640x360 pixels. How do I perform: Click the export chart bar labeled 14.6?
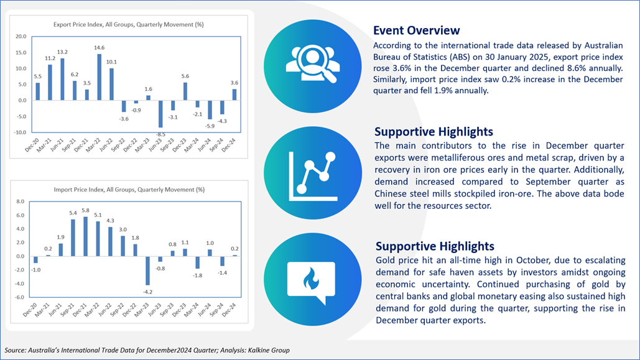click(x=99, y=77)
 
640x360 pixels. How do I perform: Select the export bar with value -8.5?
click(x=160, y=114)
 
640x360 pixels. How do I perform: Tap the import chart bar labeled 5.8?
click(x=85, y=236)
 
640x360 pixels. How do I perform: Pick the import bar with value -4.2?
click(x=148, y=270)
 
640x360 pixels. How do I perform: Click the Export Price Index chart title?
click(x=129, y=24)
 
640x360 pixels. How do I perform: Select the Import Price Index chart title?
click(x=129, y=190)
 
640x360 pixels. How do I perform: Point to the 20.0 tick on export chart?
click(x=21, y=36)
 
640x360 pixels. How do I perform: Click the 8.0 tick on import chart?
click(x=20, y=201)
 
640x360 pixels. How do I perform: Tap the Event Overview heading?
click(x=416, y=30)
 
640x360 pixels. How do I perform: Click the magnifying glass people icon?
click(x=312, y=64)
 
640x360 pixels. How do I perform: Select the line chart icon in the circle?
click(x=313, y=177)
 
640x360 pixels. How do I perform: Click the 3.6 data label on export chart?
click(x=234, y=83)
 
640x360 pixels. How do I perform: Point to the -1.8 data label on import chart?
click(x=198, y=275)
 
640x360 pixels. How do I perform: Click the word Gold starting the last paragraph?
click(x=385, y=260)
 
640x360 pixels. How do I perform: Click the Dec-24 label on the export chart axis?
click(x=229, y=145)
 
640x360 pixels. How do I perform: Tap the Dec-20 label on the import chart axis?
click(x=30, y=310)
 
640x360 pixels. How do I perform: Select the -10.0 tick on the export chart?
click(x=20, y=132)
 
